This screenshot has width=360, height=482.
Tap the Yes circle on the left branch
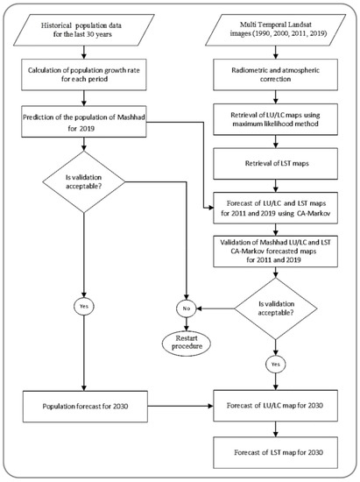(83, 308)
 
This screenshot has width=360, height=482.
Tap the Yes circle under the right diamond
(276, 363)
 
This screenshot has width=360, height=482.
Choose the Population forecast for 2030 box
(83, 408)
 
